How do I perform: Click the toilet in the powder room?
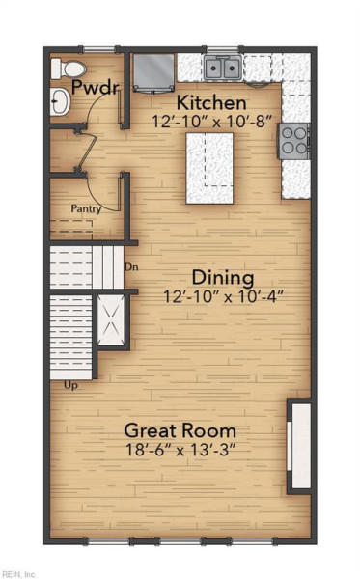69,69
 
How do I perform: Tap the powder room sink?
60,100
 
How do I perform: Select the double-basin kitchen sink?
222,68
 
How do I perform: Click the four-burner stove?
293,142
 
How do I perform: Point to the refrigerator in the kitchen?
153,73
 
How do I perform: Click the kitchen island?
209,168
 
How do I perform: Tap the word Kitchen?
211,102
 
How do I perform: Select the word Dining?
223,278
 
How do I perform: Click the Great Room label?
180,430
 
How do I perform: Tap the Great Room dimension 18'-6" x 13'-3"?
180,450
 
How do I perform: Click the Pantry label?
86,209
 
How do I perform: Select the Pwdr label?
96,87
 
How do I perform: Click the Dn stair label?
131,266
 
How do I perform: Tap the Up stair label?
70,386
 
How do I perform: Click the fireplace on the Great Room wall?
299,446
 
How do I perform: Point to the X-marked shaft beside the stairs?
111,319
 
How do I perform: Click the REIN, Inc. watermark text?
17,574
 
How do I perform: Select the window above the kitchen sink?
222,49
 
